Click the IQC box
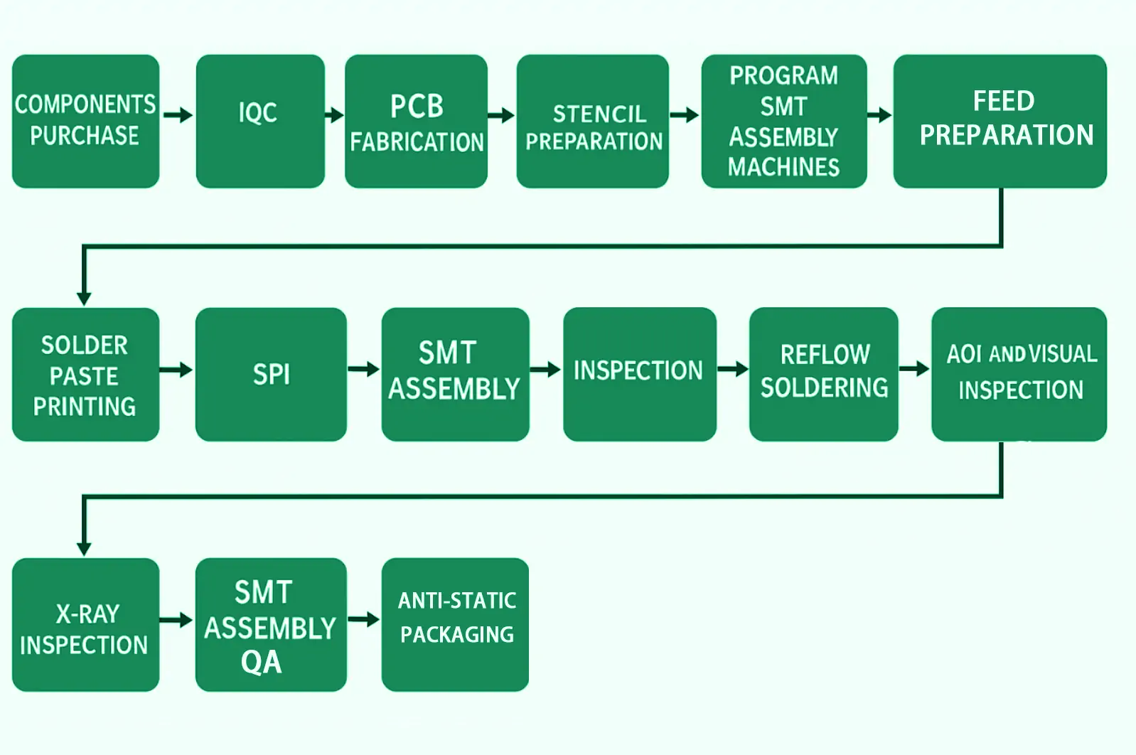[259, 121]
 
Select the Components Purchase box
[85, 121]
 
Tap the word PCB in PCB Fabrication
[417, 107]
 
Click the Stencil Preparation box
[592, 121]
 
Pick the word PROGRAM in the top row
[783, 75]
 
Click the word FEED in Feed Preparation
[1003, 101]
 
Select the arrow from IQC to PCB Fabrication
[334, 114]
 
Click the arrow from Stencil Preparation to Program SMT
[684, 114]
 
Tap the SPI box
[271, 374]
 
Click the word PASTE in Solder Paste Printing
[84, 376]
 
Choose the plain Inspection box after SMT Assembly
[638, 373]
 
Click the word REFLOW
[825, 354]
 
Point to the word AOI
[963, 354]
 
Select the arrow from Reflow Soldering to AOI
[914, 368]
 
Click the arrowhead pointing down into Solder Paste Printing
[84, 298]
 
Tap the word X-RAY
[87, 614]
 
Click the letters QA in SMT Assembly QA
[261, 663]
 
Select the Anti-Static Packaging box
[455, 623]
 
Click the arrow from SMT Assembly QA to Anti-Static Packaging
[363, 619]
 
